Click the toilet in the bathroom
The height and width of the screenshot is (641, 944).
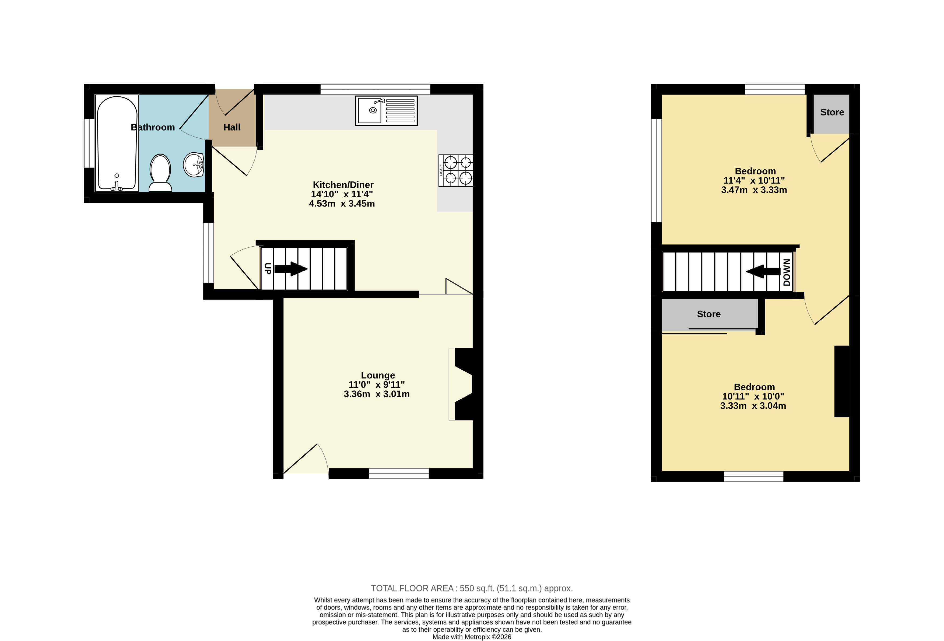pos(160,173)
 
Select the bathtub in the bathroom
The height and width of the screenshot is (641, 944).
pos(117,143)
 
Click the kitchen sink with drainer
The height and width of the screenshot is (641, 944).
pos(386,110)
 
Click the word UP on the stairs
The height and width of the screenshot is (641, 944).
pos(267,268)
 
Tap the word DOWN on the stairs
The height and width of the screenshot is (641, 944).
pos(787,272)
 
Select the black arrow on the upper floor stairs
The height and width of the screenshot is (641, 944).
pos(762,271)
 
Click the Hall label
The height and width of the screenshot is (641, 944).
pos(232,128)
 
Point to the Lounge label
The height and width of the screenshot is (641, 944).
pos(378,375)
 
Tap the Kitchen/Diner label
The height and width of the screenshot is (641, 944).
pos(343,185)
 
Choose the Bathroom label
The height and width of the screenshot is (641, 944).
pos(153,128)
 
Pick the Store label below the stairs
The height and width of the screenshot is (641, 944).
pos(709,314)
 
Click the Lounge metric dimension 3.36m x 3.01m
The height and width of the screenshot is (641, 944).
pos(377,394)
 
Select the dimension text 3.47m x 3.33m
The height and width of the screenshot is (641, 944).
pos(754,190)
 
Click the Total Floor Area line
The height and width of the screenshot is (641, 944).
pos(472,588)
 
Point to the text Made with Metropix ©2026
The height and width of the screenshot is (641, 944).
pos(472,637)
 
